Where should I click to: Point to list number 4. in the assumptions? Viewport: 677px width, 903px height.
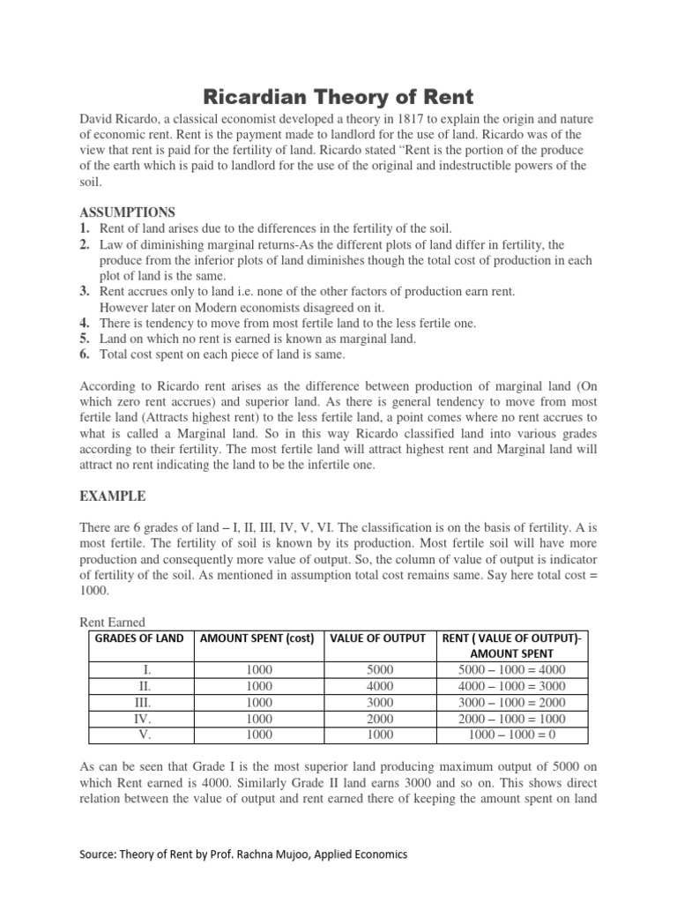click(86, 324)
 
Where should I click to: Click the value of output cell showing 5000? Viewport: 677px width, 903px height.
click(380, 670)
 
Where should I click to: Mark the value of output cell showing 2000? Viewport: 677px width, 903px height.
click(380, 718)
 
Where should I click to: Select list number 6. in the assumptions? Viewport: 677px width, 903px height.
click(86, 355)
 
